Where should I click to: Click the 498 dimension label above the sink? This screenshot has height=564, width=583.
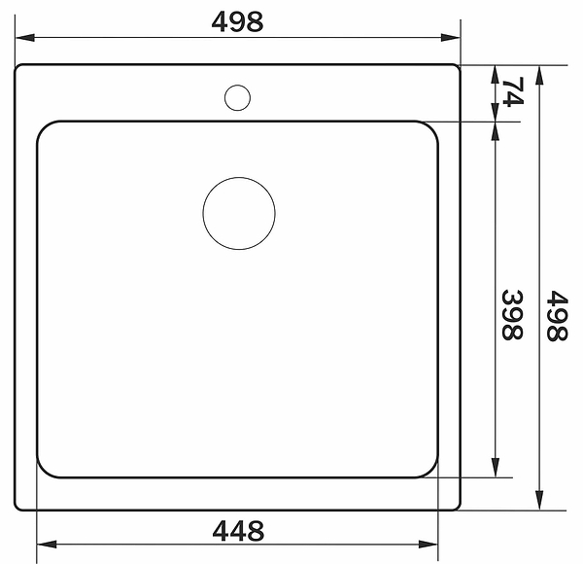pos(237,21)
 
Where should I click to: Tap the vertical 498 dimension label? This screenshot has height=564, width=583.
pos(557,315)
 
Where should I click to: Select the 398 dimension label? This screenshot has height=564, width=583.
pos(512,314)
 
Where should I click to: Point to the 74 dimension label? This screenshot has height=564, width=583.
pos(513,91)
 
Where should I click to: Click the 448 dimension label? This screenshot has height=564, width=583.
pos(238,531)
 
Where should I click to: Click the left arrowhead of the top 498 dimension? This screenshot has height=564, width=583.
pos(25,37)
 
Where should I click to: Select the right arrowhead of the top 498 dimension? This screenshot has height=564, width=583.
pos(450,37)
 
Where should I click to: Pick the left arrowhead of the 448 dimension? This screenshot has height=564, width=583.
pos(47,545)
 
